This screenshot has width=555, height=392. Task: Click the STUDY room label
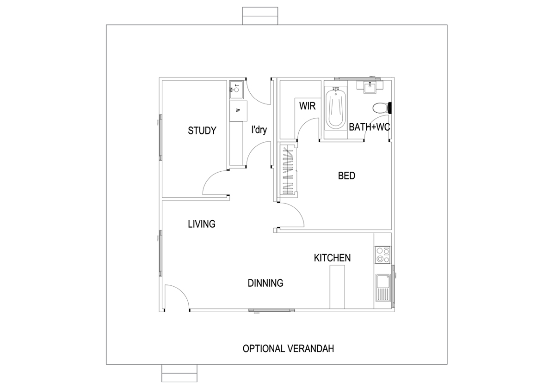(x=202, y=131)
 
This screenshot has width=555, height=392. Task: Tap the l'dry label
(x=259, y=130)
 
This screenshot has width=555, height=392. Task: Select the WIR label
(x=307, y=106)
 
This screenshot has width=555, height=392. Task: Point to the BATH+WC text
(x=370, y=127)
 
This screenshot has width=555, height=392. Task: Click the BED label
(x=346, y=175)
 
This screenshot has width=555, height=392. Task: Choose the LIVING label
(x=202, y=224)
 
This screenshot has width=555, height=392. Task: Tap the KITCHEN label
(x=332, y=258)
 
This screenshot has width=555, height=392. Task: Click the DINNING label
(x=265, y=283)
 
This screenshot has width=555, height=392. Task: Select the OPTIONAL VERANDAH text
(x=288, y=349)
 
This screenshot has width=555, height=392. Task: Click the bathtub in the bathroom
(x=335, y=109)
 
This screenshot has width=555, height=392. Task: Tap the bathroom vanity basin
(x=370, y=87)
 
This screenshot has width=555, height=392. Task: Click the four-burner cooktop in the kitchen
(x=382, y=255)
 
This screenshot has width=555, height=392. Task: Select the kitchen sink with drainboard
(x=383, y=288)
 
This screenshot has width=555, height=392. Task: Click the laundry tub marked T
(x=236, y=89)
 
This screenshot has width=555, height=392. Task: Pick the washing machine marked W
(x=238, y=111)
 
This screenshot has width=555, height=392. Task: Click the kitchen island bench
(x=337, y=287)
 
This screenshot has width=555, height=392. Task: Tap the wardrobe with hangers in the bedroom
(x=288, y=171)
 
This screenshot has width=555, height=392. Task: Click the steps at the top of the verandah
(x=260, y=16)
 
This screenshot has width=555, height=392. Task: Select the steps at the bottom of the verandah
(x=179, y=373)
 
